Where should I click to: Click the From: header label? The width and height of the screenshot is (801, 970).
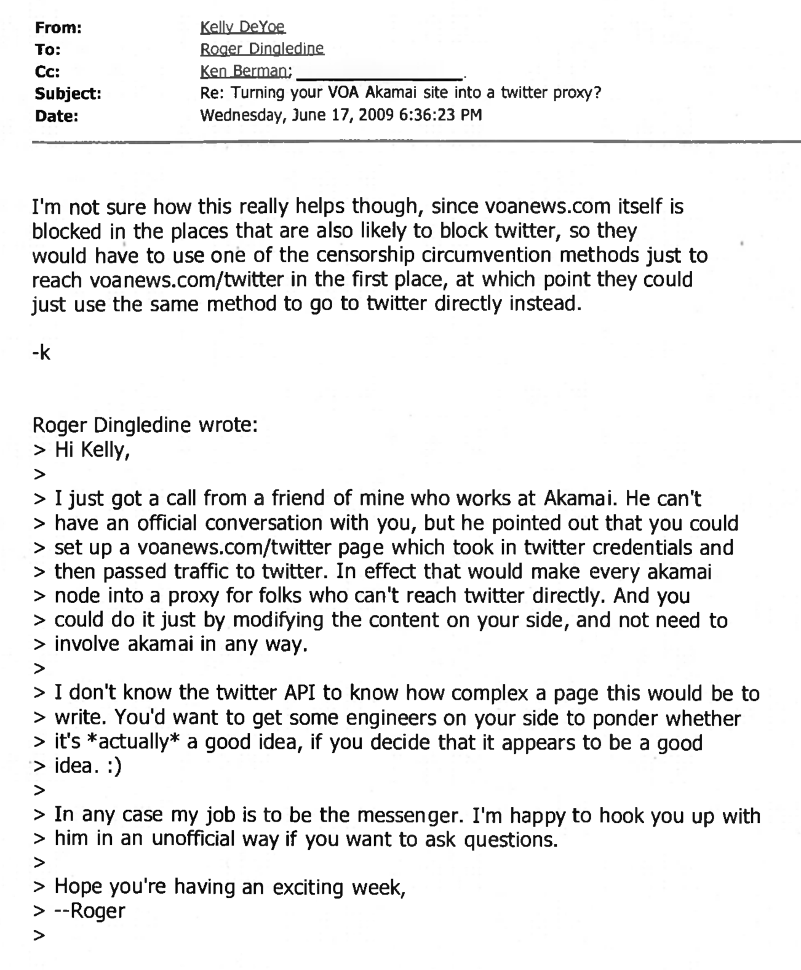[58, 28]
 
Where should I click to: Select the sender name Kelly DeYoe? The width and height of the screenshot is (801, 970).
[242, 27]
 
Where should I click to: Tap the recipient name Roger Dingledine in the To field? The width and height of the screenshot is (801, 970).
[262, 49]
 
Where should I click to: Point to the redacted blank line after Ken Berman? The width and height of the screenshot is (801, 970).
[380, 75]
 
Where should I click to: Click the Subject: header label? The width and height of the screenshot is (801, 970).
[68, 94]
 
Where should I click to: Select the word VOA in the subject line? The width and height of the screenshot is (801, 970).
[338, 93]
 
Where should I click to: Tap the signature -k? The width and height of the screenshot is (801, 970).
[41, 353]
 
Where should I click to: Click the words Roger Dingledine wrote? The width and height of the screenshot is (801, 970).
[145, 425]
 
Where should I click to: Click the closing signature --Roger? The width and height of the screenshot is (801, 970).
[90, 911]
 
